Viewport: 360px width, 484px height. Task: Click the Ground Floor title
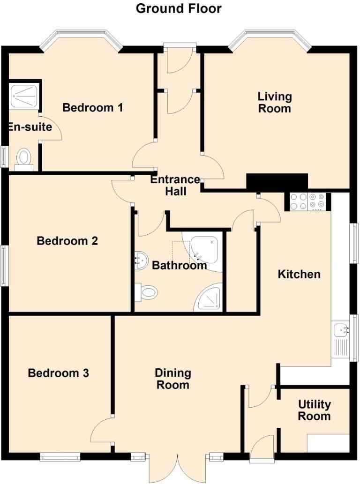(x=179, y=8)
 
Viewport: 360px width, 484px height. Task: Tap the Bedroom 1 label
(x=93, y=108)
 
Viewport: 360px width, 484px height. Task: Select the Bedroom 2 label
(x=67, y=241)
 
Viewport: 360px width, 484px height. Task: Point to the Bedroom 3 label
(x=59, y=373)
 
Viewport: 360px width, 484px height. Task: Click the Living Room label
(x=275, y=103)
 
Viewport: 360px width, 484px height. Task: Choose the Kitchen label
(x=299, y=274)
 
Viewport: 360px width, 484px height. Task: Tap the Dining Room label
(x=173, y=379)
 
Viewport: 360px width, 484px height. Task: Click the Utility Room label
(x=314, y=410)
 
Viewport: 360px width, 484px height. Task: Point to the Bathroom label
(x=180, y=266)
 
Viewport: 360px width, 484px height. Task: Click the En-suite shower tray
(x=24, y=95)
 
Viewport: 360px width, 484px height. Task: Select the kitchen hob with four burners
(x=307, y=201)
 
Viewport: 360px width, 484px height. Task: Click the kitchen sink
(x=340, y=331)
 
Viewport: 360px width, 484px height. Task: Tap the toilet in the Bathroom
(x=146, y=292)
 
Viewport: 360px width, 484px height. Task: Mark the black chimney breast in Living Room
(x=277, y=182)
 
